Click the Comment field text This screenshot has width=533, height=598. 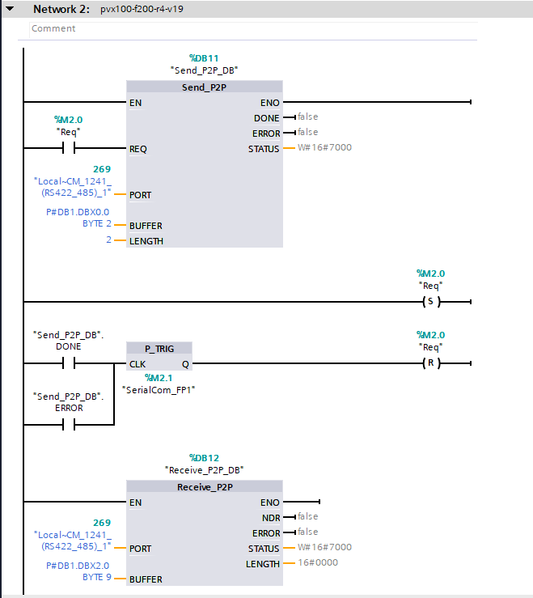click(x=53, y=28)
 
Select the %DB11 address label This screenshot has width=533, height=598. click(x=204, y=58)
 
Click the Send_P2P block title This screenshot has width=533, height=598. click(x=204, y=87)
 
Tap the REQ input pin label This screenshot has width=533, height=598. click(x=138, y=149)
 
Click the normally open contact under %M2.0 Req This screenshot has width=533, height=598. click(x=68, y=148)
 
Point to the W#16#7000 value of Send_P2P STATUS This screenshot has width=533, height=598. click(x=324, y=147)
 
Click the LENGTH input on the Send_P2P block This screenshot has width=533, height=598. click(x=146, y=241)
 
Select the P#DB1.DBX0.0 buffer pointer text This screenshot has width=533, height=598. click(x=78, y=212)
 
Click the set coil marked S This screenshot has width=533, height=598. click(x=429, y=302)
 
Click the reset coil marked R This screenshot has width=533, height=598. click(x=429, y=363)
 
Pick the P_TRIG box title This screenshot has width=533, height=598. click(x=159, y=349)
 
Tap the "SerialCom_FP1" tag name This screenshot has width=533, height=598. click(x=159, y=389)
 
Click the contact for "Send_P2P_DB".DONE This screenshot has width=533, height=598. click(x=68, y=363)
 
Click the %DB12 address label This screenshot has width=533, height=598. click(x=204, y=457)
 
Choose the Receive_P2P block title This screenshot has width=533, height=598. click(x=204, y=487)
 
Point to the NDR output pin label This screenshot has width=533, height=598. click(x=271, y=518)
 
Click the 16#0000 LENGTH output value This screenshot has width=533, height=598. click(x=318, y=562)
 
